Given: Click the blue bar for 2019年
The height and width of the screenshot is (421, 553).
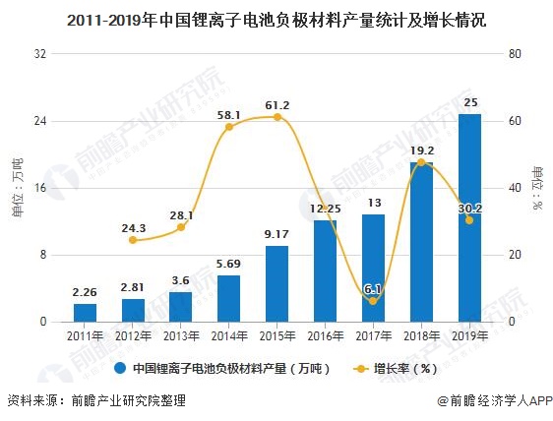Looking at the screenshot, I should [x=469, y=217].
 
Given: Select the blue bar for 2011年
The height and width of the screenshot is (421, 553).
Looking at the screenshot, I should [x=85, y=312].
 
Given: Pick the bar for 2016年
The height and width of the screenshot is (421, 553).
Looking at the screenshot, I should [x=325, y=271].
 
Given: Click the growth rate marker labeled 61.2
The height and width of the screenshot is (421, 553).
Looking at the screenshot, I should [x=276, y=117].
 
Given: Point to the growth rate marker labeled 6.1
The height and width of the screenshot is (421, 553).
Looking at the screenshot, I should [x=373, y=301].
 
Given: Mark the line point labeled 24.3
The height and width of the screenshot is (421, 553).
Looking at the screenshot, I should [x=133, y=240].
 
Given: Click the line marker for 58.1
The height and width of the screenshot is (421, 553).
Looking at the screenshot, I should [x=229, y=127].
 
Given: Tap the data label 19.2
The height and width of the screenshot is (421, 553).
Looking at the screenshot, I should [x=422, y=151].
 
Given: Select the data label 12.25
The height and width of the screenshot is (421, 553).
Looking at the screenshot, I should [x=325, y=209].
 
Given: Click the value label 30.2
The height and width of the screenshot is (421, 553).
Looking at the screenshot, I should [x=471, y=208].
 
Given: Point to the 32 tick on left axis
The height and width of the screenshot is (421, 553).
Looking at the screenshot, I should [x=40, y=54].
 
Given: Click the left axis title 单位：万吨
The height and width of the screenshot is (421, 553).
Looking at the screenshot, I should [x=17, y=187].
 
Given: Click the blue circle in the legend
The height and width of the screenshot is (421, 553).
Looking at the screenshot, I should [x=120, y=369].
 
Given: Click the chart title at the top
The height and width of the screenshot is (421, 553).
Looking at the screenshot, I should [x=276, y=19].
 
